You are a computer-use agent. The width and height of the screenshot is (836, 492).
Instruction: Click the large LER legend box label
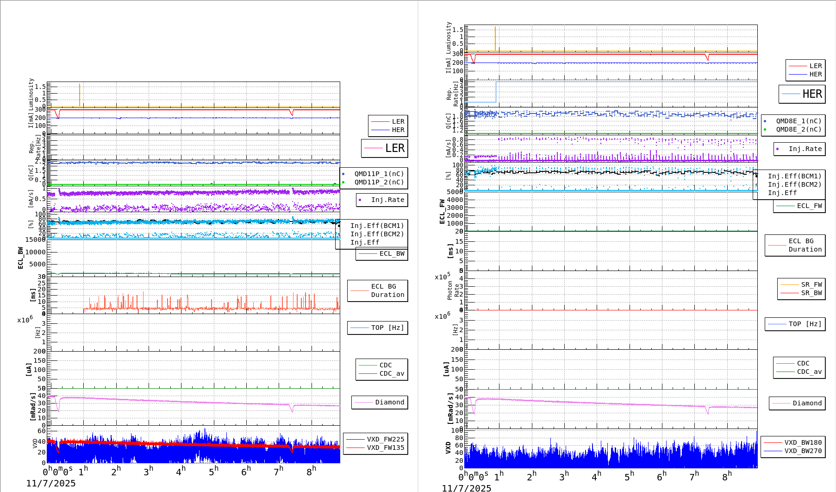coord(394,148)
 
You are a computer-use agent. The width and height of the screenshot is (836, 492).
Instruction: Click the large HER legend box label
coord(812,94)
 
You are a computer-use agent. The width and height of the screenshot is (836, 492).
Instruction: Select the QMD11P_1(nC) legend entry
coord(379,174)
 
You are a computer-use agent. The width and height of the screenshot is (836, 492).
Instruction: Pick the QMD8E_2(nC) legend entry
coord(799,129)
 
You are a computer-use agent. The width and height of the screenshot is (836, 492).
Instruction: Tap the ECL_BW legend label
coord(392,253)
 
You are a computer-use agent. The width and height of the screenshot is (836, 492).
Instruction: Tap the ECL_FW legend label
coord(809,206)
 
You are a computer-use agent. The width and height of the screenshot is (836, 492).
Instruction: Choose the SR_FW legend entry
coord(811,284)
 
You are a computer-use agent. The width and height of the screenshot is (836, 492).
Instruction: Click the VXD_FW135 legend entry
coord(385,448)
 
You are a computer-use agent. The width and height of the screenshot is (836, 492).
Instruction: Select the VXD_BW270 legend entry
coord(803,451)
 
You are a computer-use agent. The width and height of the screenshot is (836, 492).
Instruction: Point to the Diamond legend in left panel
coord(389,402)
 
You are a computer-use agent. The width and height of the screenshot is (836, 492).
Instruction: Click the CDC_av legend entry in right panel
coord(809,372)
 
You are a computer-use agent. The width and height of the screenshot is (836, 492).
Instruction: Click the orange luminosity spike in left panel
coord(80,95)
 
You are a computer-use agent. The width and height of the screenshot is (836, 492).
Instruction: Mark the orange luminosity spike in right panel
coord(495,38)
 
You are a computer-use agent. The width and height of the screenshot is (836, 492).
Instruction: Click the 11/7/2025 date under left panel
coord(50,484)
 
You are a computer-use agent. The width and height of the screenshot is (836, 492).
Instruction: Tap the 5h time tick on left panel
coord(213,472)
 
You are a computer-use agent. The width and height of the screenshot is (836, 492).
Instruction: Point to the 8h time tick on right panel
coord(727,477)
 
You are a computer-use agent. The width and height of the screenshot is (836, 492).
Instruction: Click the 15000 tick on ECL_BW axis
coord(35,240)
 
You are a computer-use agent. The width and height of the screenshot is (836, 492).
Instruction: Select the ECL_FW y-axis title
coord(442,212)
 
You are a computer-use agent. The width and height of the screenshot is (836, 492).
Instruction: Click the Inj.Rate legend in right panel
coord(805,149)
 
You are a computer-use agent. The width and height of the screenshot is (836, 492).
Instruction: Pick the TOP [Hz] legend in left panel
coord(387,328)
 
